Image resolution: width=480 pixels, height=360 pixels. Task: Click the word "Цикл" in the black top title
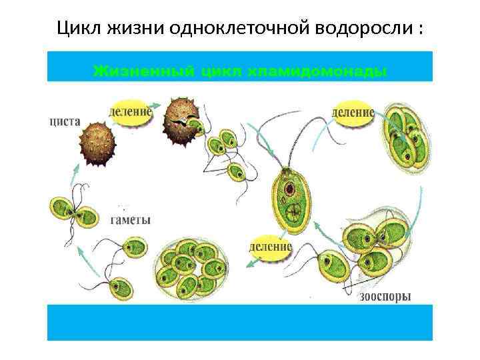[x=76, y=29]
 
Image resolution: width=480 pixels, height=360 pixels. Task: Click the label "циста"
[x=65, y=122]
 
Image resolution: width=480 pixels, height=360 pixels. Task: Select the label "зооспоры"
[x=385, y=296]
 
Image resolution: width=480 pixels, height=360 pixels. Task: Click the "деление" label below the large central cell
[x=270, y=246]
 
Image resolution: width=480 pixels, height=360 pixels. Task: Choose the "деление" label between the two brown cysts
[x=129, y=111]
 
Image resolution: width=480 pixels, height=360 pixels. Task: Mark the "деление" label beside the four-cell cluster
[x=353, y=112]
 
